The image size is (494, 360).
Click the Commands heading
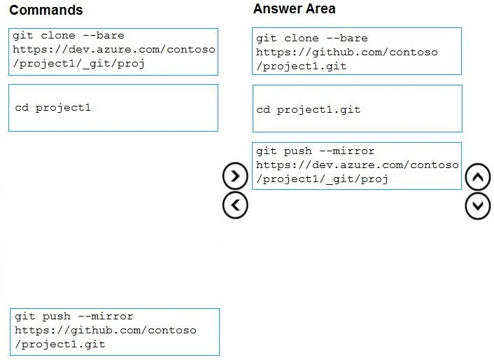click(x=46, y=10)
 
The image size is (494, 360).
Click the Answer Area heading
click(x=295, y=9)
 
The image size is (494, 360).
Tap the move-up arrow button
click(x=478, y=176)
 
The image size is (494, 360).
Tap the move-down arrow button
click(x=478, y=206)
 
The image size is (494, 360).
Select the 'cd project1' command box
click(x=113, y=108)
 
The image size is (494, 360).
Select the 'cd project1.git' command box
click(x=358, y=109)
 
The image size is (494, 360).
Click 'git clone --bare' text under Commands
click(x=69, y=36)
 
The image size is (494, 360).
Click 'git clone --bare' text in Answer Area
click(x=311, y=39)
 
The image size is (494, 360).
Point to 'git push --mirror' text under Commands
click(x=74, y=316)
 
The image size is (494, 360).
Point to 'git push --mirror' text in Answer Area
click(x=315, y=151)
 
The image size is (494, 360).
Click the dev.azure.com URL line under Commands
click(x=114, y=50)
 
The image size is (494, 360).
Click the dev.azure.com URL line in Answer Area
click(x=358, y=165)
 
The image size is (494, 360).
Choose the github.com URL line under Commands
click(x=106, y=330)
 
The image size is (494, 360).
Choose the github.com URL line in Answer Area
click(x=347, y=52)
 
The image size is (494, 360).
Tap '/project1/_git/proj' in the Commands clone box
click(x=79, y=64)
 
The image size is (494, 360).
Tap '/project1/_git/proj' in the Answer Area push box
click(x=322, y=179)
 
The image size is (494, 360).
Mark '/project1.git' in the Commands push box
click(x=60, y=344)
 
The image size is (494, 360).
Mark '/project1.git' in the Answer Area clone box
click(x=301, y=67)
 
